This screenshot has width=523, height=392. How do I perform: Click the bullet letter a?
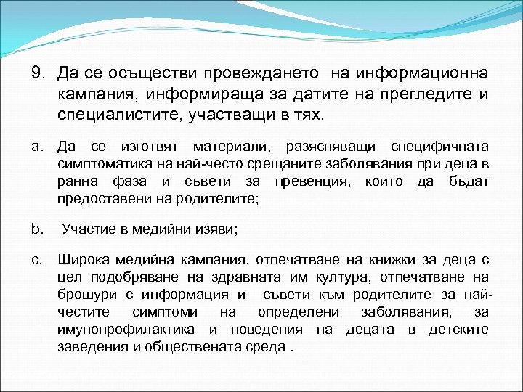[37, 147]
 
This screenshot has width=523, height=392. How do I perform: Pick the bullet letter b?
[37, 229]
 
